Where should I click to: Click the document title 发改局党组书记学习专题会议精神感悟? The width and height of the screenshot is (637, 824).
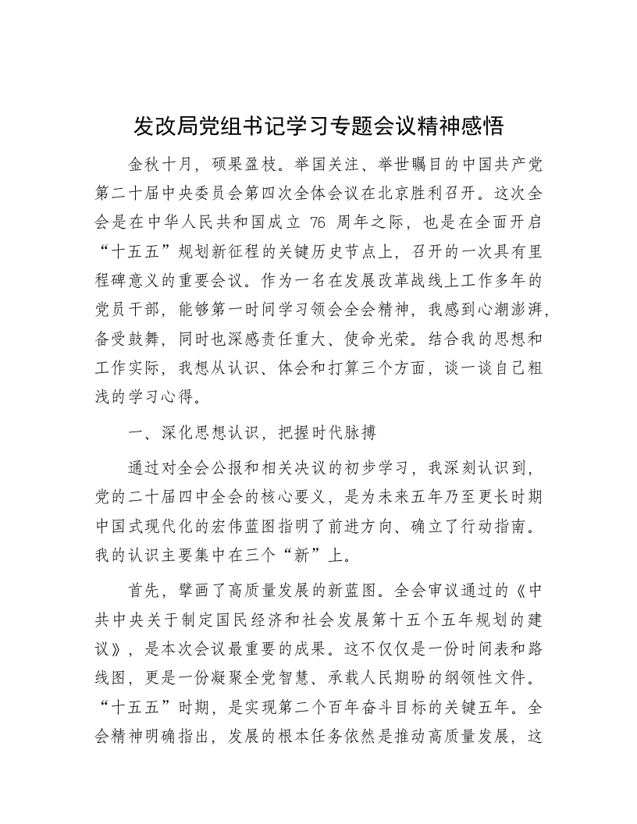pos(318,126)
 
